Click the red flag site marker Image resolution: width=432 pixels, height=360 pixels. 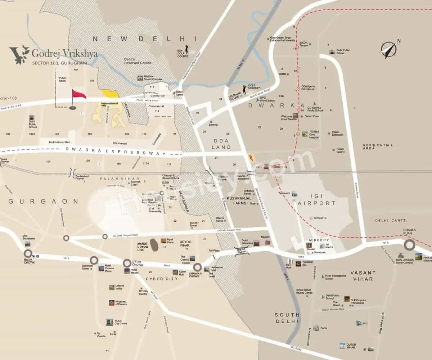pos(78,95)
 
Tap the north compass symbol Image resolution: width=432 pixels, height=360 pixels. pos(390,49)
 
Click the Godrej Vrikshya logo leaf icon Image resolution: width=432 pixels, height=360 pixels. pos(20,54)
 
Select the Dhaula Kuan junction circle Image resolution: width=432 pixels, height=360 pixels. pos(409,245)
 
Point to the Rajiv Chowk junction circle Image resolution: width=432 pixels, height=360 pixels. pos(28,253)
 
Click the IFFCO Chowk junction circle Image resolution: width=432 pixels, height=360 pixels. pos(127,263)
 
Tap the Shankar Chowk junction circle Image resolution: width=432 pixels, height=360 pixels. pos(197,267)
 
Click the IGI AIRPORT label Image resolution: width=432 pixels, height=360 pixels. pos(317,203)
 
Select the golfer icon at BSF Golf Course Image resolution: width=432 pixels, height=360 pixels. pos(187,49)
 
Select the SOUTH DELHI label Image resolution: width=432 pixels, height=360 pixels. pos(287,318)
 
